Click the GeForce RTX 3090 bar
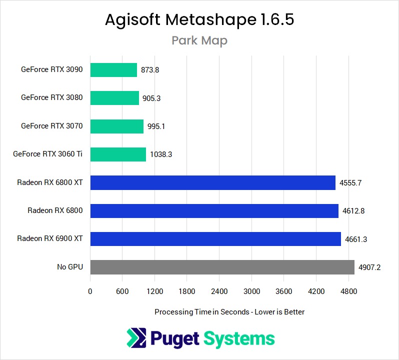coord(113,70)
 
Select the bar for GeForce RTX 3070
coord(116,126)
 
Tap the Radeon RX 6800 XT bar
coord(212,182)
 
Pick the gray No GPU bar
coord(222,267)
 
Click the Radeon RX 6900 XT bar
coord(215,239)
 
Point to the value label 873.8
coord(150,70)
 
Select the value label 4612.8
coord(353,211)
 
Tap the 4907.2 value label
coord(369,267)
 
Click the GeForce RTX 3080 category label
coord(51,98)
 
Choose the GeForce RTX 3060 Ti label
coord(47,154)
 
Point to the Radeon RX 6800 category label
coord(55,211)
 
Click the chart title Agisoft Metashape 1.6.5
coord(199,20)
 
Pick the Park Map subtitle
coord(199,40)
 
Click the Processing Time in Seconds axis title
coord(229,311)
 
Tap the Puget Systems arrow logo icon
coord(136,338)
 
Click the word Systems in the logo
coord(239,338)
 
